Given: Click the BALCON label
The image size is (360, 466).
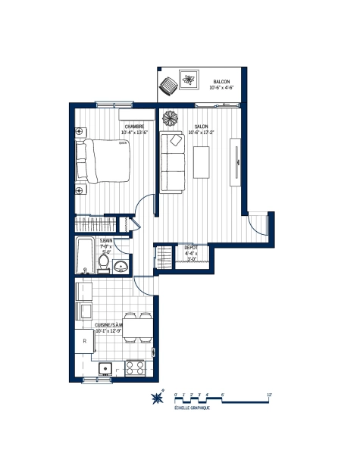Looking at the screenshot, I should coord(221,81).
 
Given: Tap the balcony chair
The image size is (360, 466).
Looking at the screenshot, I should coord(167,86).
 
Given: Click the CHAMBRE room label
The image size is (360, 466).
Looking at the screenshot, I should coord(135,127).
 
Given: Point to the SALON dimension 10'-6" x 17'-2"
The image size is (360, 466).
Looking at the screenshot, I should coord(202,133).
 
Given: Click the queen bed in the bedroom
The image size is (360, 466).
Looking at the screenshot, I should coord(105,161).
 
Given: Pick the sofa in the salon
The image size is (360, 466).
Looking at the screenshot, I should coord(172,164).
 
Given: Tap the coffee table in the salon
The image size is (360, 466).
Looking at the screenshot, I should coord(202,162).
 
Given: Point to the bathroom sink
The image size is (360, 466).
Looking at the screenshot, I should coord(121,266).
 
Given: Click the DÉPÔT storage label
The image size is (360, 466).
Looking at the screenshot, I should coord(191,247).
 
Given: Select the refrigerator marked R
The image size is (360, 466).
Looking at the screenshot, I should coord(84,342).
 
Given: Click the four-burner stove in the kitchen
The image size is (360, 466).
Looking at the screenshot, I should coord(135,368).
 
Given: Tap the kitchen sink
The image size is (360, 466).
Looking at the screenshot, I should coord(105,369).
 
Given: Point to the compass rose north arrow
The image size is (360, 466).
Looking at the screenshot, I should coord(158,399).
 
